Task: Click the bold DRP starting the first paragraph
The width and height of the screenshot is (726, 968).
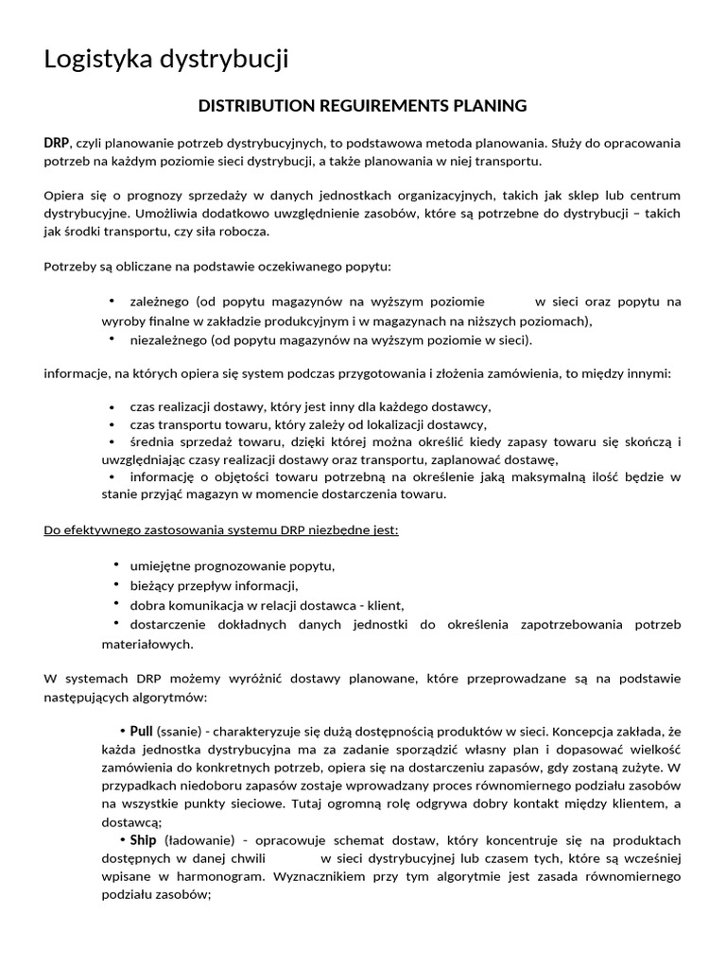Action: click(56, 144)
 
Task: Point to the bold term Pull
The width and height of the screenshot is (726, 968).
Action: click(141, 732)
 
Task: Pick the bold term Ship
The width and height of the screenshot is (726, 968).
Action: click(143, 839)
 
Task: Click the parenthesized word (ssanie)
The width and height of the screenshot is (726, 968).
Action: click(177, 732)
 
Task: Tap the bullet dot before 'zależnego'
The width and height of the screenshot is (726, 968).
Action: click(112, 302)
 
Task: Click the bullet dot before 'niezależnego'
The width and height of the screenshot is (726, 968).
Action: click(112, 338)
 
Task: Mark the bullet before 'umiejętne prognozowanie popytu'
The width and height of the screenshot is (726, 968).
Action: click(115, 565)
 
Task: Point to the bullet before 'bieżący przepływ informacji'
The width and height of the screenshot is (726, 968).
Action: click(115, 585)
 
